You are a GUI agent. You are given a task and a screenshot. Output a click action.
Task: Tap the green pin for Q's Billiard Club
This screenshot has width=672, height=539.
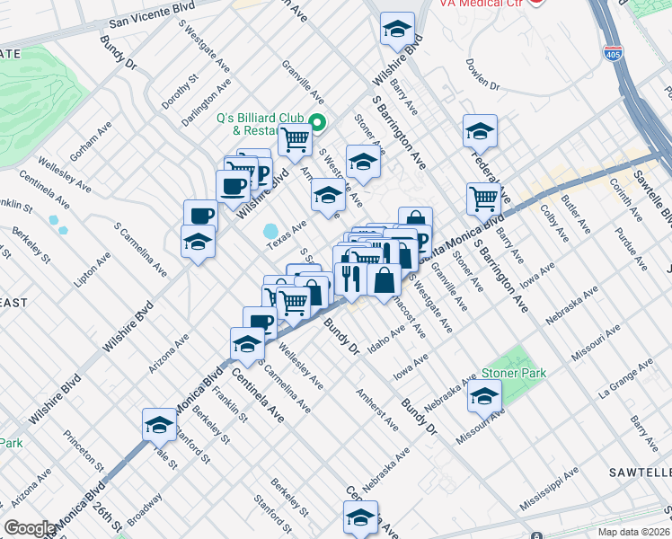point(316,123)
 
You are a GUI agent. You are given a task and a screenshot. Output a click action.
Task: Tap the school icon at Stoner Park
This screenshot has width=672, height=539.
point(484,394)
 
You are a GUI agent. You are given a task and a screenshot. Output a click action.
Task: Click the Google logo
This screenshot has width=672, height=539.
point(30,528)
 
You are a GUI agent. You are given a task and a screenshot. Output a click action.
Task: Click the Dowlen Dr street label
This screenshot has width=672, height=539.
point(482,74)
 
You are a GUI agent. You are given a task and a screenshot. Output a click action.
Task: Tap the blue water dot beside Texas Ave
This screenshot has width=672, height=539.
point(270,232)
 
